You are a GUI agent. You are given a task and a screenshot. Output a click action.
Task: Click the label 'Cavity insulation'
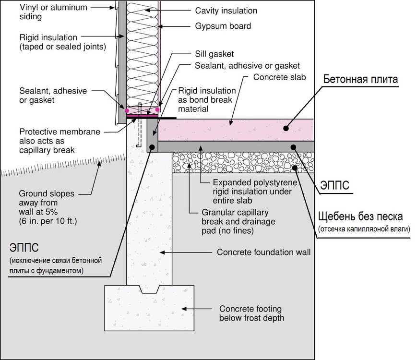pos(226,11)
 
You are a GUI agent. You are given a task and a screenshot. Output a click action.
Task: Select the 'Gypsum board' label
pos(223,26)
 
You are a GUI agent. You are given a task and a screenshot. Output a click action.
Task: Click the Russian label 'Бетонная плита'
pos(361,79)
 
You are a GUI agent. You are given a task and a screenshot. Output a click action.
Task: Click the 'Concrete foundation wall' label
pos(264,252)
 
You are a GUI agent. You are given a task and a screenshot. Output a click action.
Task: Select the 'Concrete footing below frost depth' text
pos(250,313)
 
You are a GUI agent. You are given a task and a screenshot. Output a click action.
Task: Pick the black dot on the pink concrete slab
pos(286,128)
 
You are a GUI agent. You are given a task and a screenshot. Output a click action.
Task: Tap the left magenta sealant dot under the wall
pos(127,110)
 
